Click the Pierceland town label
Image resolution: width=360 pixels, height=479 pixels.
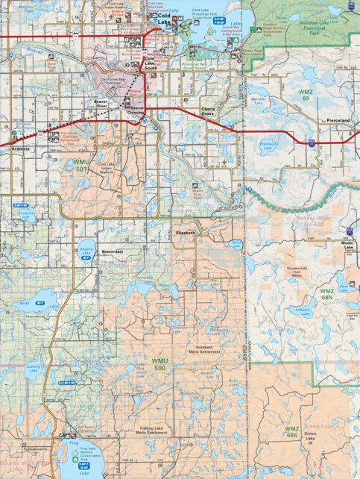pyautogui.click(x=341, y=119)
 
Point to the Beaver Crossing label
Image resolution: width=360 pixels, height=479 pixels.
pyautogui.click(x=138, y=110)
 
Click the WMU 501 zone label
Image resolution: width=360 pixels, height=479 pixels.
pyautogui.click(x=81, y=165)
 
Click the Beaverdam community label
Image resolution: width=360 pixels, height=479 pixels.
pyautogui.click(x=111, y=252)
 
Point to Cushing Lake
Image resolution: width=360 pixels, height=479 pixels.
pyautogui.click(x=32, y=370)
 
